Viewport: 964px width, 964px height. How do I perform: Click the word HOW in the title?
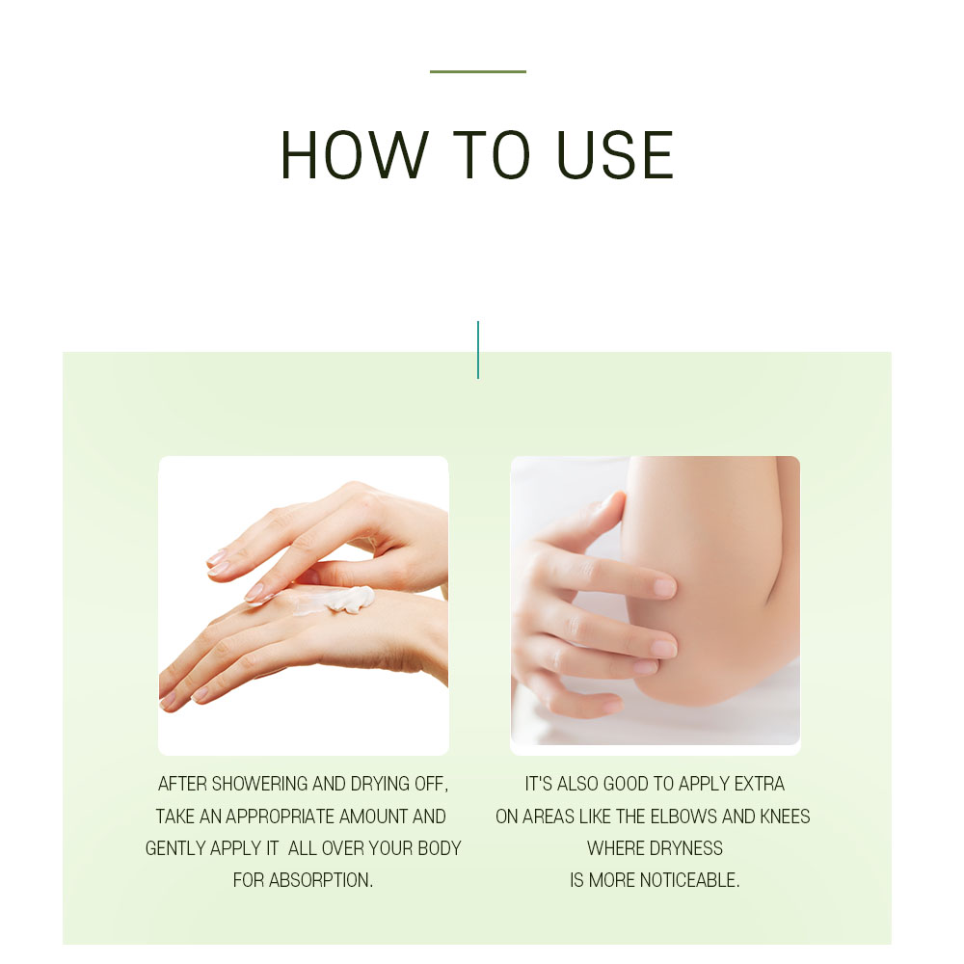[354, 155]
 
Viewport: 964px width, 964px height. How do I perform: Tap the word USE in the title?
[615, 155]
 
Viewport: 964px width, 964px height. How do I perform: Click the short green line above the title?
[478, 72]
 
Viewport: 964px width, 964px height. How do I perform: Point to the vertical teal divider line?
[478, 350]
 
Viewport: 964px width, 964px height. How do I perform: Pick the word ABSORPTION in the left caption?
[321, 880]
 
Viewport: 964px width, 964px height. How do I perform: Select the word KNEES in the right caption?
[785, 817]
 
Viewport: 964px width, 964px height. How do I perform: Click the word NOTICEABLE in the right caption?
[690, 880]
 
